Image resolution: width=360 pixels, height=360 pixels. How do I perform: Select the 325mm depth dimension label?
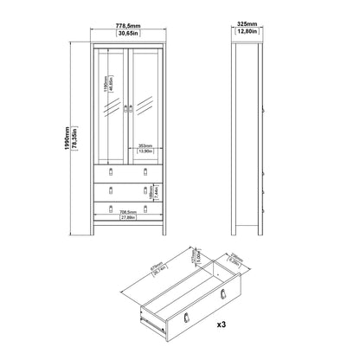click(x=248, y=25)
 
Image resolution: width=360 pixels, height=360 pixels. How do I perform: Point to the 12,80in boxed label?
click(x=248, y=34)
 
